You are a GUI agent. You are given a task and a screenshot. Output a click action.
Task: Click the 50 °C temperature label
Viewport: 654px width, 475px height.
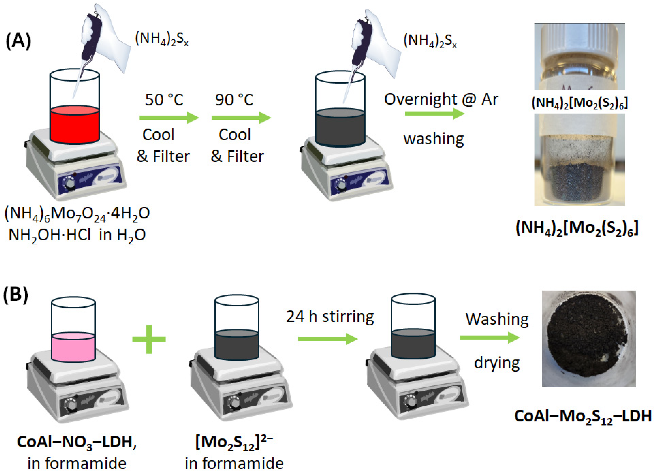pos(164,100)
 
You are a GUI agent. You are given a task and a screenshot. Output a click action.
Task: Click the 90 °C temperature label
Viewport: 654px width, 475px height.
pos(234,100)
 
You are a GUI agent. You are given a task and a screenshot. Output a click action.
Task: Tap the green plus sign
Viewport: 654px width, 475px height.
pos(149,339)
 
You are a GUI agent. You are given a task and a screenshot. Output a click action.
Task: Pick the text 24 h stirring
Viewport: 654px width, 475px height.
pos(330,317)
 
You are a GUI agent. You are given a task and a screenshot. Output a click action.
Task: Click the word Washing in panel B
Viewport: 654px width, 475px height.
pos(497,319)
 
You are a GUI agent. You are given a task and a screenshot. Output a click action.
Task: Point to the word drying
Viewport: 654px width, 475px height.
pos(497,363)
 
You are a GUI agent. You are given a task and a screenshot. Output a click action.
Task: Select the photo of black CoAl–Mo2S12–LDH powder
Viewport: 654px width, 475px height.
pos(589,339)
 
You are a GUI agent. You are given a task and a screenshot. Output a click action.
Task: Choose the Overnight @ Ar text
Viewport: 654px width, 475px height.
pos(441,100)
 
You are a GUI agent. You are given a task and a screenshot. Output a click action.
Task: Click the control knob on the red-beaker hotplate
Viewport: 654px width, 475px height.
pos(69,183)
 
